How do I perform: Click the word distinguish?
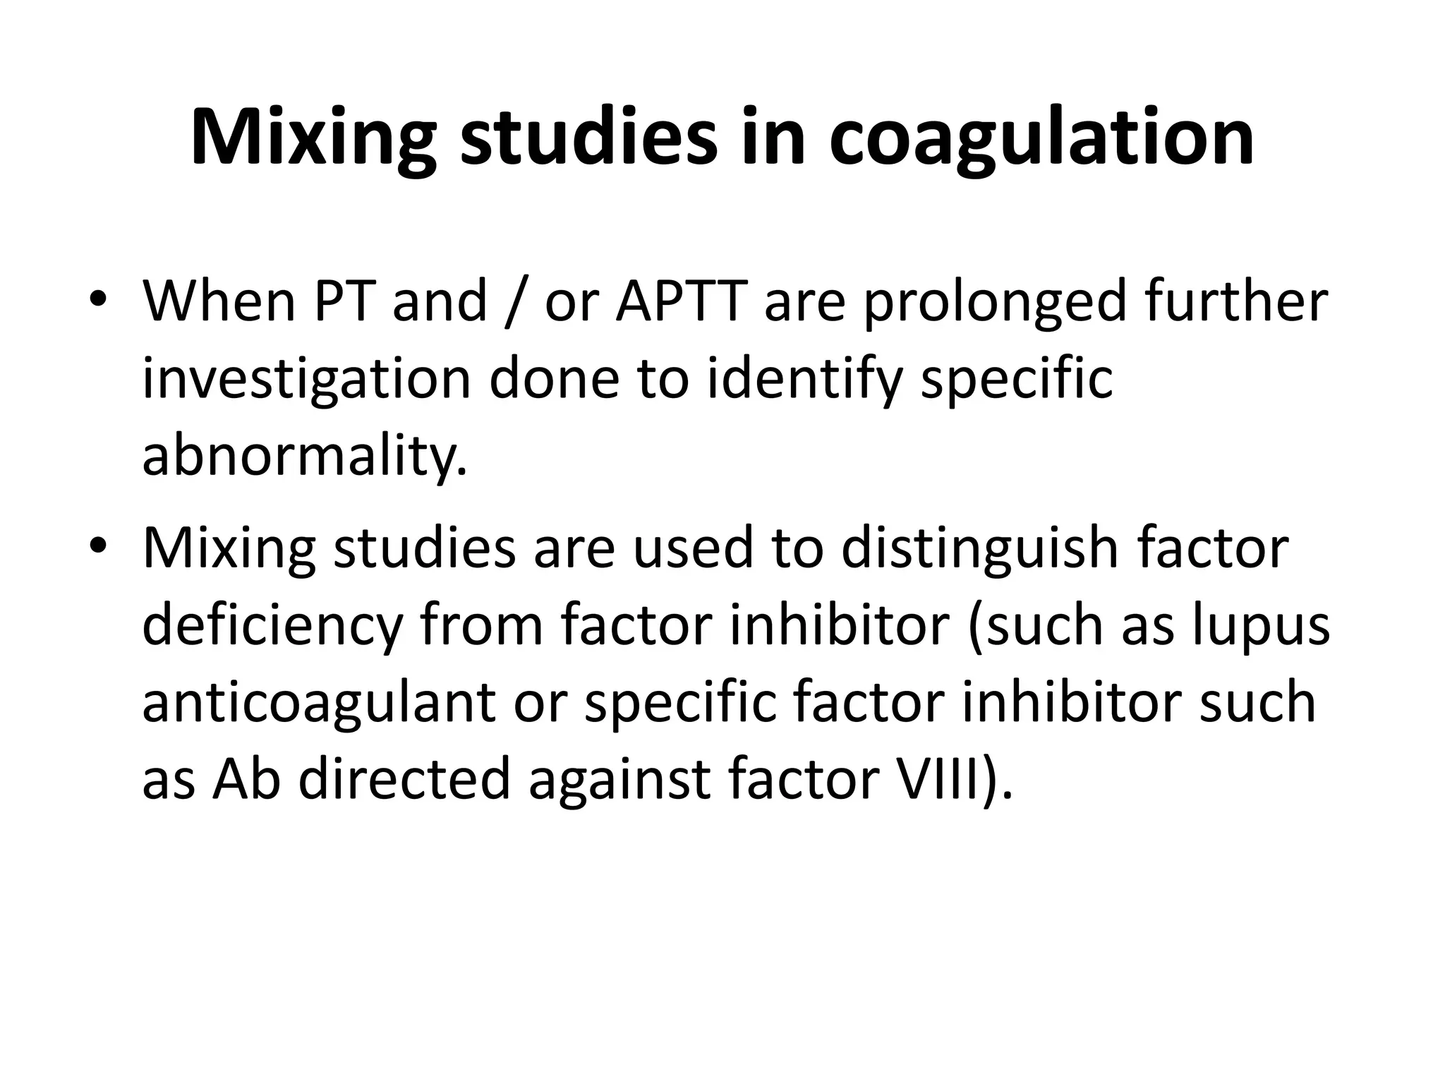[980, 548]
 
